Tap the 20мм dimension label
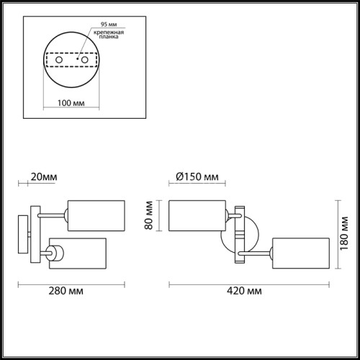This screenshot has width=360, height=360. pyautogui.click(x=42, y=176)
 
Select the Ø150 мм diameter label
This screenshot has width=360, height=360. pyautogui.click(x=197, y=176)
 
